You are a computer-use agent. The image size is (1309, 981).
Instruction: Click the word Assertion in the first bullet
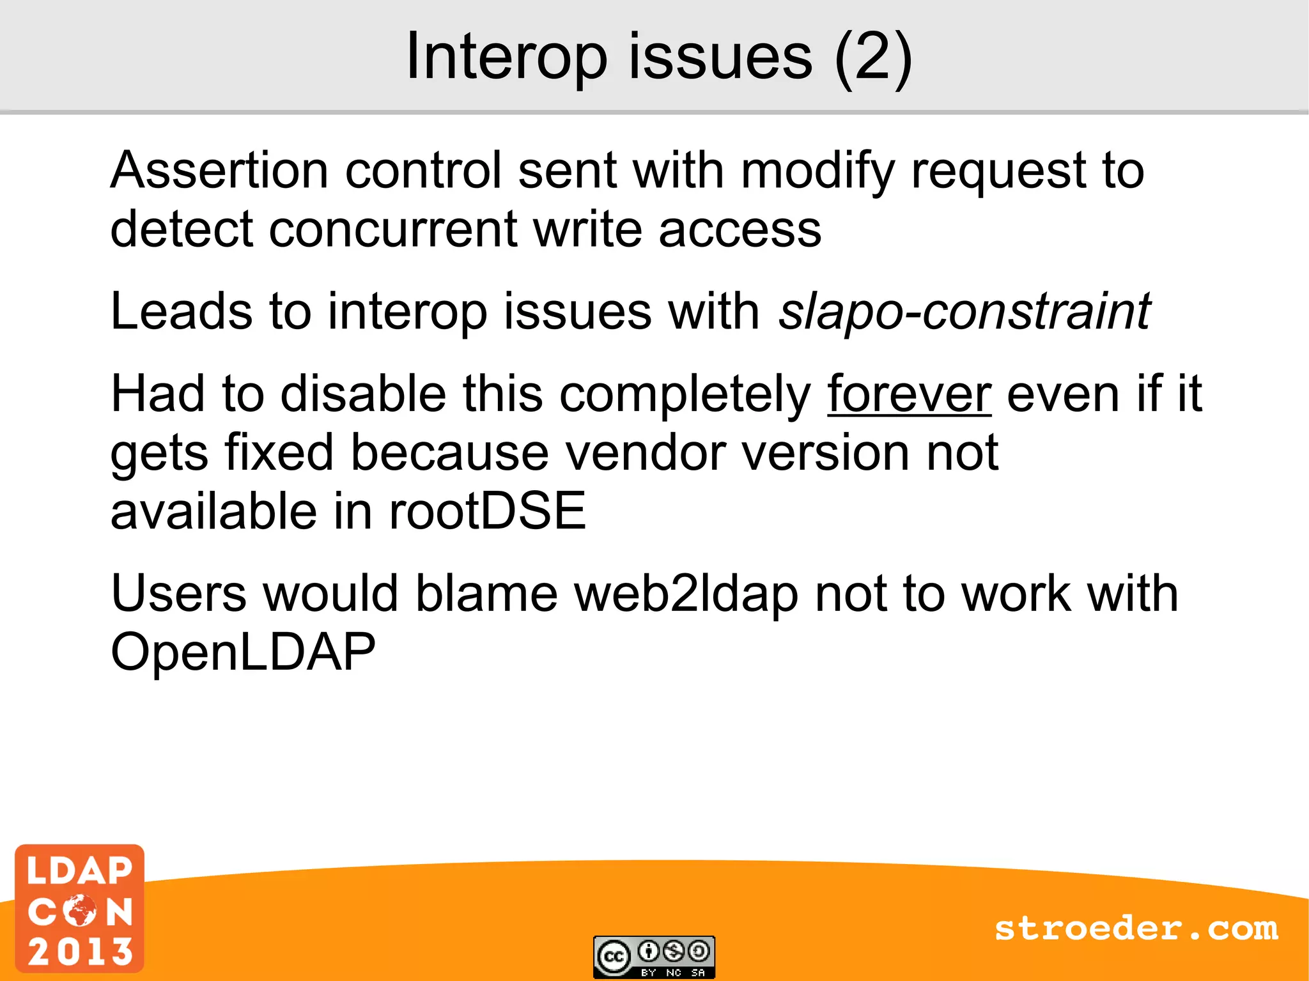point(219,171)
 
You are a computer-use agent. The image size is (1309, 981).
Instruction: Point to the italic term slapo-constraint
point(964,312)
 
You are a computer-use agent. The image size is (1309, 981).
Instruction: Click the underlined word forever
point(909,394)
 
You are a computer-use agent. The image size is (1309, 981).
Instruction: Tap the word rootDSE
point(487,511)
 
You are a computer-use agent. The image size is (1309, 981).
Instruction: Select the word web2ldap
point(686,594)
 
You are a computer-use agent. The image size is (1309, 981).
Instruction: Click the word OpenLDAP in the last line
point(243,653)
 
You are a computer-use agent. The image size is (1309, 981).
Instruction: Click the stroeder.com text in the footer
point(1136,929)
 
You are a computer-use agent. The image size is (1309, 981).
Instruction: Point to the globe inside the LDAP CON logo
point(81,910)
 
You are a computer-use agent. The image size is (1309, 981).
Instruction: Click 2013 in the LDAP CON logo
point(81,951)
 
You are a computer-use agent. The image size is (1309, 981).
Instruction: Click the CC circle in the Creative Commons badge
point(614,957)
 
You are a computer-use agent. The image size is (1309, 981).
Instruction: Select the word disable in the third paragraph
point(363,394)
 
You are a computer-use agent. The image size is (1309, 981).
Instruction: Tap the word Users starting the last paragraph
point(178,594)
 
